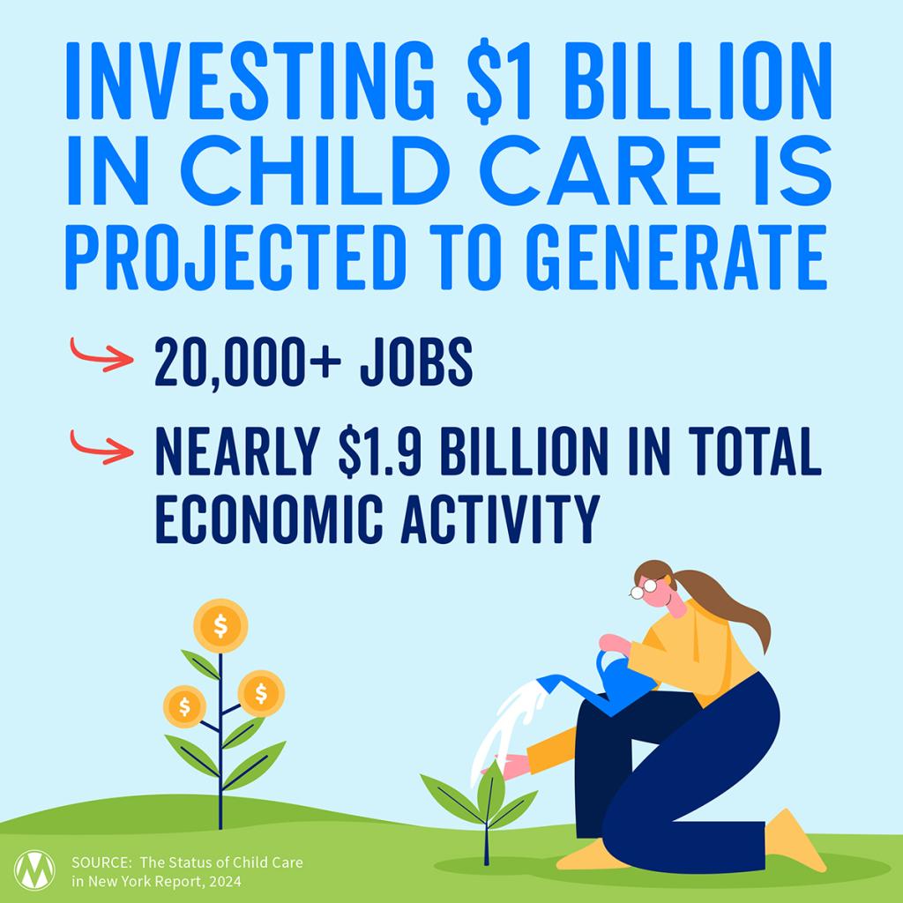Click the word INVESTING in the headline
click(x=250, y=80)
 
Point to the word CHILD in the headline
click(x=315, y=171)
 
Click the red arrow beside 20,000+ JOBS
click(x=101, y=354)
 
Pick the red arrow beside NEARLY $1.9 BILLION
click(x=101, y=447)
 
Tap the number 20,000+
click(x=248, y=362)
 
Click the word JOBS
click(x=416, y=362)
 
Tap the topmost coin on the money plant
click(x=220, y=625)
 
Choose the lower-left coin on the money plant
click(x=184, y=706)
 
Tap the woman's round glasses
click(x=644, y=588)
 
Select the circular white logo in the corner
click(x=34, y=869)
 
